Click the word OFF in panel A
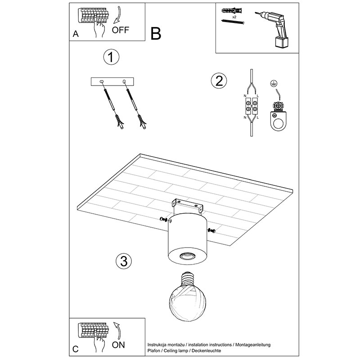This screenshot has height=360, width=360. [121, 30]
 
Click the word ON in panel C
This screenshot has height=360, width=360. [118, 345]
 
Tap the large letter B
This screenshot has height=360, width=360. [156, 34]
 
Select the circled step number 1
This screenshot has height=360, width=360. [111, 57]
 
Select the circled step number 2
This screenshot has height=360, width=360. [219, 81]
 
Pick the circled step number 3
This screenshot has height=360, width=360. [124, 261]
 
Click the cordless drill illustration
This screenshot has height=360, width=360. [274, 29]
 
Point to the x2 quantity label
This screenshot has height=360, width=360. [234, 17]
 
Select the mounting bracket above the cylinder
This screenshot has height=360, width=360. [188, 205]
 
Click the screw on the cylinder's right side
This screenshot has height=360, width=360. [211, 230]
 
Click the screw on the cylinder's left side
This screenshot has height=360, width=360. [165, 220]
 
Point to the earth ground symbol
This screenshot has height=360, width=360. [273, 84]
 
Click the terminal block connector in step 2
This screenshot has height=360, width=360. [252, 106]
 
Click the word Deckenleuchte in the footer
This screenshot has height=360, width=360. [207, 351]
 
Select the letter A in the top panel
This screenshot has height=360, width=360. [76, 34]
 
